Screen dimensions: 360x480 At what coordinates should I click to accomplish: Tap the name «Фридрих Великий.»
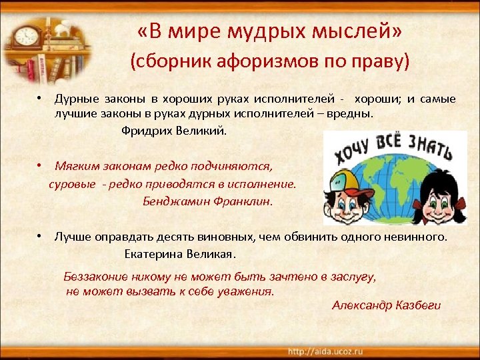(x=174, y=130)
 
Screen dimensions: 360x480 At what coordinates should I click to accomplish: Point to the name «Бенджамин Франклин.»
(x=208, y=201)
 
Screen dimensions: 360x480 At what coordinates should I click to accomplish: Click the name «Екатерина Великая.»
(x=180, y=254)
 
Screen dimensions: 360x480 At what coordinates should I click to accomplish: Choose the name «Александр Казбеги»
(x=387, y=305)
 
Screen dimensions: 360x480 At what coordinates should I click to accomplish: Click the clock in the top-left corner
(x=27, y=38)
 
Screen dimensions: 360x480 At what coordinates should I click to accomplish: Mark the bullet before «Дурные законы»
(x=41, y=99)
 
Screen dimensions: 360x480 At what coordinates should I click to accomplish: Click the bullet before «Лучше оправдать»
(x=41, y=237)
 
